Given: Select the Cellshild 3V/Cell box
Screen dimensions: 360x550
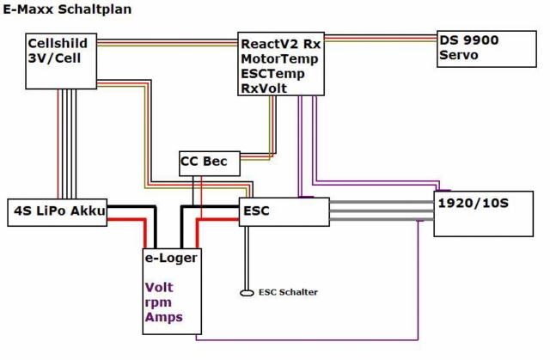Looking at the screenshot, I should click(61, 60).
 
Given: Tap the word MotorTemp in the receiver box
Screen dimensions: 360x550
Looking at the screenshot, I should click(280, 58).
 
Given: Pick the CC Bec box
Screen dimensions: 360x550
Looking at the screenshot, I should click(209, 162).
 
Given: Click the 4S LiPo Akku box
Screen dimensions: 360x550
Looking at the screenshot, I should click(58, 211).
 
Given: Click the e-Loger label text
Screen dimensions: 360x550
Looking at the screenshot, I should click(171, 257).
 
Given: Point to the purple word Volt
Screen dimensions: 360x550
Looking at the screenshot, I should click(160, 288).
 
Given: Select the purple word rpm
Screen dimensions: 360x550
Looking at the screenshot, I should click(158, 302).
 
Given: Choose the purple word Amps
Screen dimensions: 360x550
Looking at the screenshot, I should click(163, 318).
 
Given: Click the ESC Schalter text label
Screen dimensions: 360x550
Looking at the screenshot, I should click(288, 292).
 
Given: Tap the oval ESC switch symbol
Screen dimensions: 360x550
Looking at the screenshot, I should click(247, 292).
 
